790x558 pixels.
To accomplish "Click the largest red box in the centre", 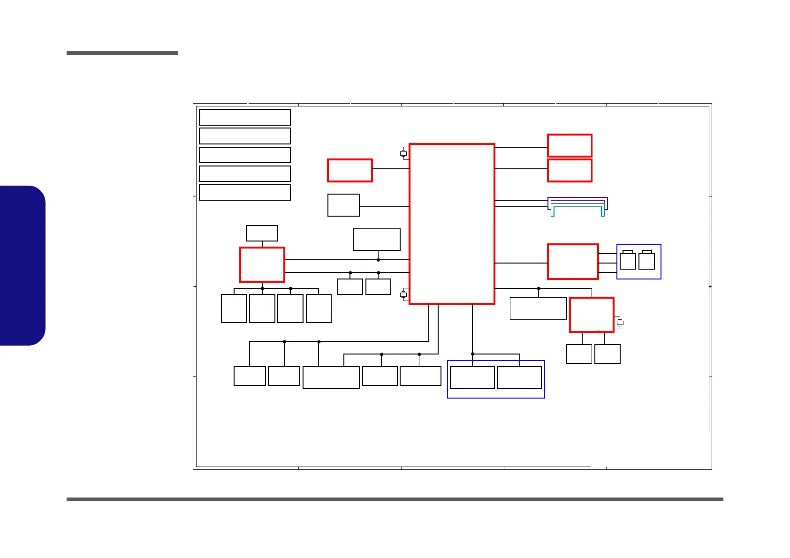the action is click(x=452, y=224).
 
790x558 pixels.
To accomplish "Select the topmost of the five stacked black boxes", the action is click(x=244, y=117).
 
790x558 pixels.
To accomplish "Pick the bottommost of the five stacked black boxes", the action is click(x=244, y=192).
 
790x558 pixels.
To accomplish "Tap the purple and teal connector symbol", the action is click(x=577, y=206).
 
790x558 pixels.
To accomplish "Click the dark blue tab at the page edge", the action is click(x=23, y=265).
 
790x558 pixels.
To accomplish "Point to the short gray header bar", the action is click(x=122, y=53).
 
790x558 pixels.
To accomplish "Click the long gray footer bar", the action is click(x=395, y=499).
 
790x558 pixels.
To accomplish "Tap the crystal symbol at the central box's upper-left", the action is click(x=403, y=153).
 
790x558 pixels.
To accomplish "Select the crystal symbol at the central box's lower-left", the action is click(x=403, y=294).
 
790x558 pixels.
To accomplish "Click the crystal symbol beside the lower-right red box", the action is click(x=620, y=323).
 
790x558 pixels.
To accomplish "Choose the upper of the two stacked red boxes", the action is click(x=570, y=145).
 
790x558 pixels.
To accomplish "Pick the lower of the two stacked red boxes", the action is click(x=570, y=170).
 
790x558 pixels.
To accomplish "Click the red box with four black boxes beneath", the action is click(x=262, y=264).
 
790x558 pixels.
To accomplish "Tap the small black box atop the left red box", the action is click(x=262, y=233).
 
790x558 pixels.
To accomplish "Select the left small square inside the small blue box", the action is click(x=628, y=261).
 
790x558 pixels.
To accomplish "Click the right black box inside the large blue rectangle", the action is click(x=519, y=377).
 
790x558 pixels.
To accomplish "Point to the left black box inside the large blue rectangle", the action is click(x=472, y=377).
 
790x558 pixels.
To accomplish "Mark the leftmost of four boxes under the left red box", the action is click(x=234, y=309).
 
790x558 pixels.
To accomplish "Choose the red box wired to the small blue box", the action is click(x=573, y=262).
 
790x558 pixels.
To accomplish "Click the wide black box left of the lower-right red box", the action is click(x=538, y=309).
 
